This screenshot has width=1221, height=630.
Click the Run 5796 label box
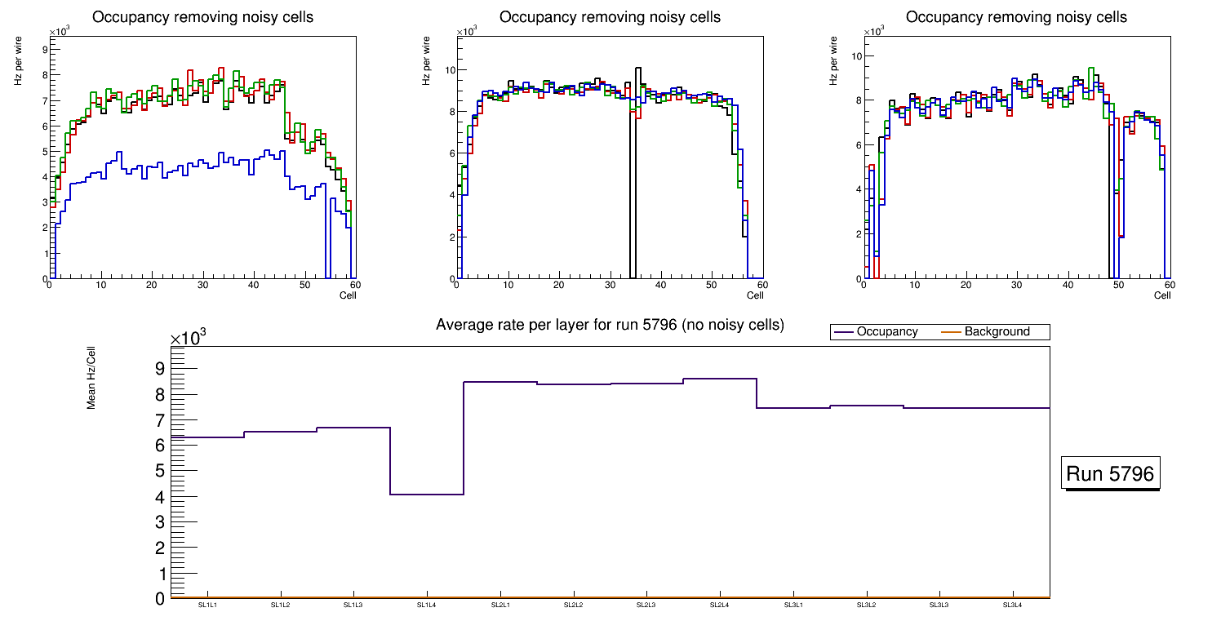click(1110, 474)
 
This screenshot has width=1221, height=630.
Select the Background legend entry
click(997, 332)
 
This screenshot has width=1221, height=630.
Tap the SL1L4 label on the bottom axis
click(427, 605)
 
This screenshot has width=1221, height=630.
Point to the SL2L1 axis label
click(500, 605)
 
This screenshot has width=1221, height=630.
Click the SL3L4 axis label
click(1012, 605)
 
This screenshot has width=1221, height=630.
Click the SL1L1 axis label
click(207, 605)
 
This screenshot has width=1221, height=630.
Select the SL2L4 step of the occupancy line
click(720, 379)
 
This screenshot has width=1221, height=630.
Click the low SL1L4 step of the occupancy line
click(427, 495)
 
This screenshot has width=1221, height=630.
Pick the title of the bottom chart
click(610, 325)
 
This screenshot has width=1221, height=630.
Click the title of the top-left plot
click(202, 17)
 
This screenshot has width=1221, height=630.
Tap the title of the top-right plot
click(1016, 17)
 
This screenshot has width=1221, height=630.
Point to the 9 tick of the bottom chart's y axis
click(159, 368)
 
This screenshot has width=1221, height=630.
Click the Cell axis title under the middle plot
click(756, 295)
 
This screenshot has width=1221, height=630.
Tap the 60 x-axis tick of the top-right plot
click(1168, 285)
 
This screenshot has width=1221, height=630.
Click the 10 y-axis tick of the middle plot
click(448, 69)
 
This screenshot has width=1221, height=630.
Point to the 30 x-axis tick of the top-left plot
click(202, 285)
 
